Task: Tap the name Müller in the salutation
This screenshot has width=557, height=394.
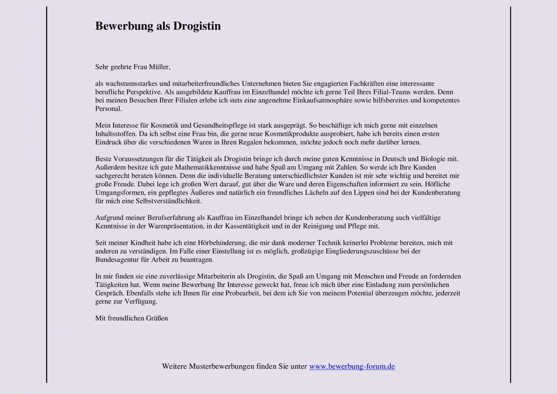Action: point(159,67)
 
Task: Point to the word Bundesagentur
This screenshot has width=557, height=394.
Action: point(115,259)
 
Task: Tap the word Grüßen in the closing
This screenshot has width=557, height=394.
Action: point(157,318)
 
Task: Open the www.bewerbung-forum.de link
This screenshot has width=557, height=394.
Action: point(352,367)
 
